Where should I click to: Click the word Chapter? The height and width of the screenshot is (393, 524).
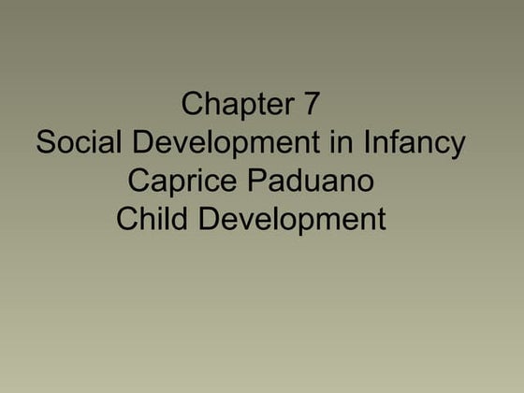pyautogui.click(x=236, y=105)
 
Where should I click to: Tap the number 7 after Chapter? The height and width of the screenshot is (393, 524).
pyautogui.click(x=312, y=105)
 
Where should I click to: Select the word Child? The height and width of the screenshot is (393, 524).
pyautogui.click(x=153, y=220)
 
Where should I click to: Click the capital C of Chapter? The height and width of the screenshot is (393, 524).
pyautogui.click(x=193, y=105)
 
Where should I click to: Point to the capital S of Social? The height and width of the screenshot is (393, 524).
pyautogui.click(x=46, y=143)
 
